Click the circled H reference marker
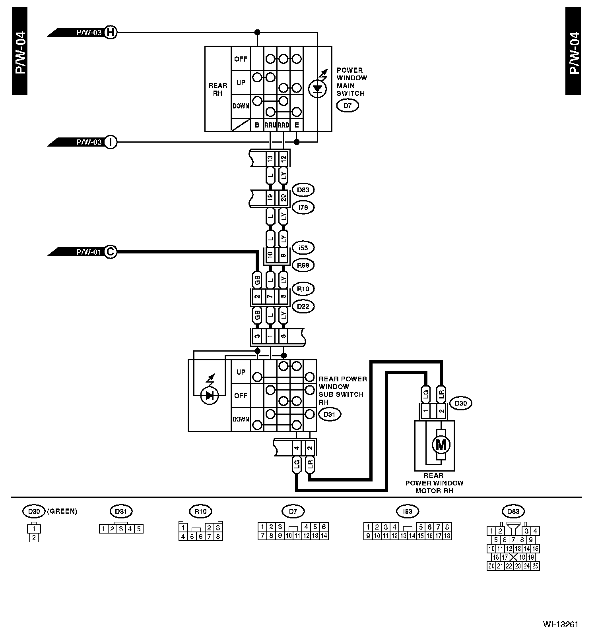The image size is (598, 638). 111,32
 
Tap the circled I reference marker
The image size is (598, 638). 111,142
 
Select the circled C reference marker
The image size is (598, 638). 111,251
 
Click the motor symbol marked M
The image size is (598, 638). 441,445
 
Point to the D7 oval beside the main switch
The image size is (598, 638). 348,106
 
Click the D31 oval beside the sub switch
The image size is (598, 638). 330,414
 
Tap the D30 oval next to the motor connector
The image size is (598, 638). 460,403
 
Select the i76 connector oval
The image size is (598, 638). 303,207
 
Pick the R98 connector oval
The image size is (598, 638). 303,265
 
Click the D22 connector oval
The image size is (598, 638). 303,306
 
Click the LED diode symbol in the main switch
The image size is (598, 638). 317,88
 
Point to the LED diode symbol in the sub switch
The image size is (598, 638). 210,395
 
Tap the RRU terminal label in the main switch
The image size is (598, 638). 270,125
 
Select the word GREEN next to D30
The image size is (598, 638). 62,511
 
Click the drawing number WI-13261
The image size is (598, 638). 560,624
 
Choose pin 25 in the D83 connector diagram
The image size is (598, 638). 535,566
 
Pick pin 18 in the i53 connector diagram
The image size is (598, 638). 447,536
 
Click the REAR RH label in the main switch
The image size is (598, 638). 218,89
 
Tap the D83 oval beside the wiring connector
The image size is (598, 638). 303,190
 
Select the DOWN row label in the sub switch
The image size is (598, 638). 241,419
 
